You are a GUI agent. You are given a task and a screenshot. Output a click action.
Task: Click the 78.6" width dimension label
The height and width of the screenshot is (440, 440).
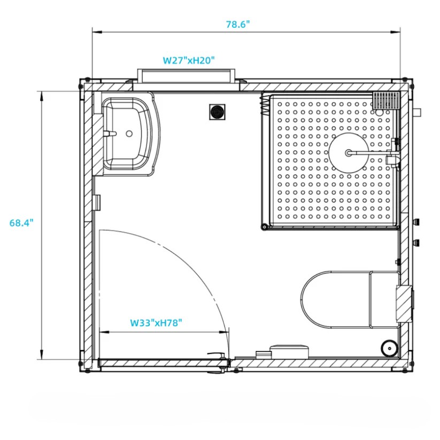(238, 25)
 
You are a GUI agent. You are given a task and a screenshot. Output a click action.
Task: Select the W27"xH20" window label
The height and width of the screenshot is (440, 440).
(189, 60)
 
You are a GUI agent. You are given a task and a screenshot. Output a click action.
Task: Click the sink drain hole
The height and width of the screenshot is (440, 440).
(129, 133)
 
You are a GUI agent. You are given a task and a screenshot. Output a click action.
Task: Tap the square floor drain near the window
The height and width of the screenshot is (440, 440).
(217, 112)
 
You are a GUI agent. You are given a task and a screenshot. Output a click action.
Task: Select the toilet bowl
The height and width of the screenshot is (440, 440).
(334, 299)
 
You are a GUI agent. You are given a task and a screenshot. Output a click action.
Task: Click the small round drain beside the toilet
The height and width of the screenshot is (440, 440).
(390, 348)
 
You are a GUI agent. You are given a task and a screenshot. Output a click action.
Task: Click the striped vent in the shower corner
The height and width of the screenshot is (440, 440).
(386, 101)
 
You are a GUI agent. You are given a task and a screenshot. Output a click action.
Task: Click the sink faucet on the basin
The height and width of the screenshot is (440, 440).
(111, 134)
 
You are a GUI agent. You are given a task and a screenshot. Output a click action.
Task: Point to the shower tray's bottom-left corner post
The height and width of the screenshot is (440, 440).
(264, 227)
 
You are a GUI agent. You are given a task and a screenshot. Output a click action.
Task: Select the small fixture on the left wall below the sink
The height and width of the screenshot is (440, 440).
(97, 202)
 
